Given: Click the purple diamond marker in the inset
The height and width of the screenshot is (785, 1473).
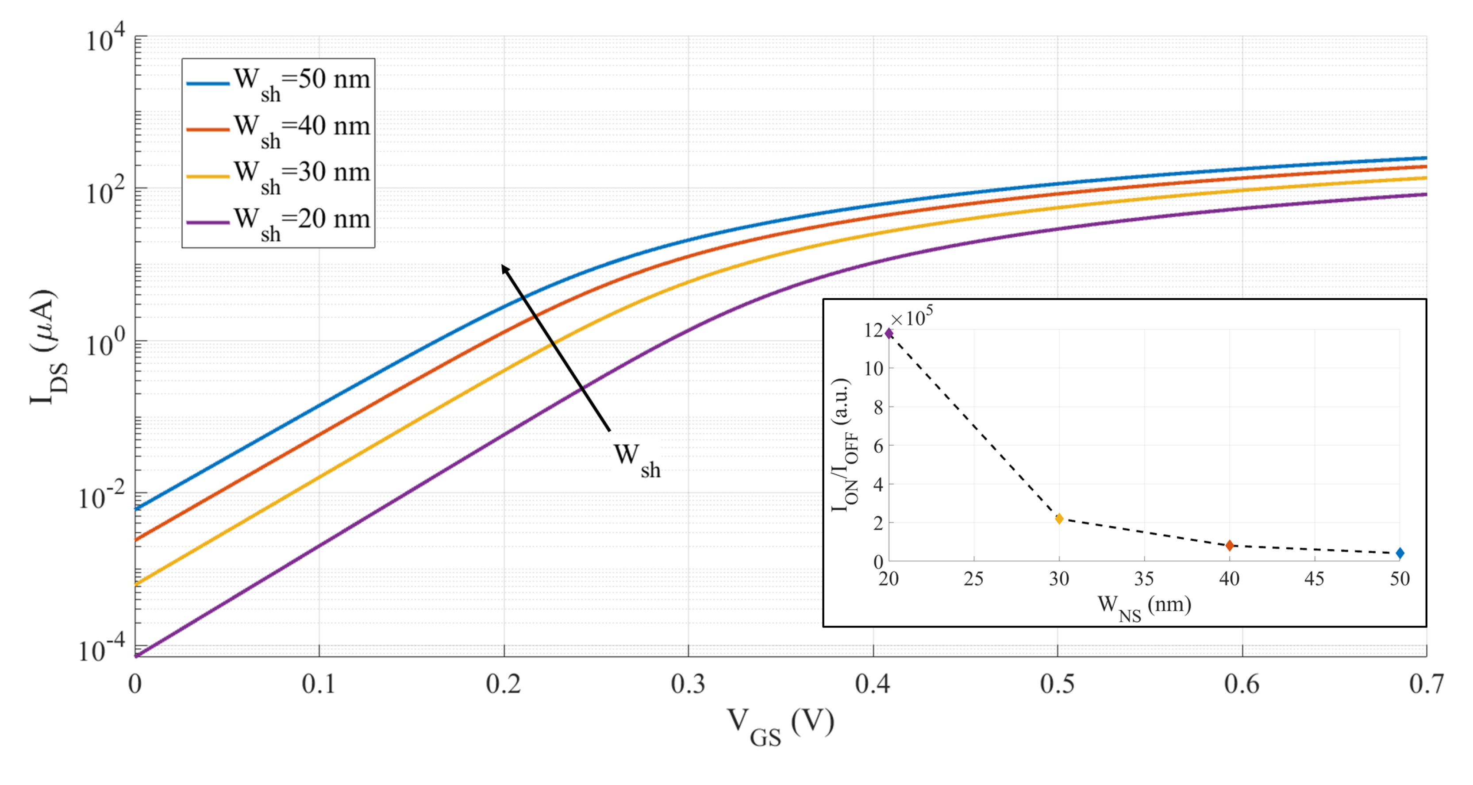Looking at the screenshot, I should tap(888, 333).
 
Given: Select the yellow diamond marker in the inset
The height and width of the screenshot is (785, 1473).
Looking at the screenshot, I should tap(1059, 519).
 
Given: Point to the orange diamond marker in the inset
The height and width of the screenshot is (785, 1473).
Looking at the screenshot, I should tap(1229, 546).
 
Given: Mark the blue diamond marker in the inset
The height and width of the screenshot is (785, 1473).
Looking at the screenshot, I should tap(1400, 553).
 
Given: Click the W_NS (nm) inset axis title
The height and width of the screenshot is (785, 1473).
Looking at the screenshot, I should tap(1144, 607).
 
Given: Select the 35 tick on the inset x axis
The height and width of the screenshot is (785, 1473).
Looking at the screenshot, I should tap(1144, 579).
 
